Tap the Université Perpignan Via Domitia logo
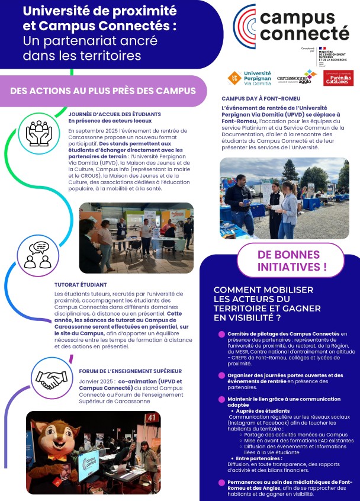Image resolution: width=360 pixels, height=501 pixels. [x=249, y=78]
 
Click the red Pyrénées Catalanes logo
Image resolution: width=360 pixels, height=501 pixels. [x=338, y=78]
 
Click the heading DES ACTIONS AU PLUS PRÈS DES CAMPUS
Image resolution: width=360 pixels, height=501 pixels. [x=103, y=91]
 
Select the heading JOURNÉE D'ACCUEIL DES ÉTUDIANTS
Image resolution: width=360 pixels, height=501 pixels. [x=114, y=114]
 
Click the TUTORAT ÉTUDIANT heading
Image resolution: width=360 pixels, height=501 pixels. [x=80, y=284]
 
